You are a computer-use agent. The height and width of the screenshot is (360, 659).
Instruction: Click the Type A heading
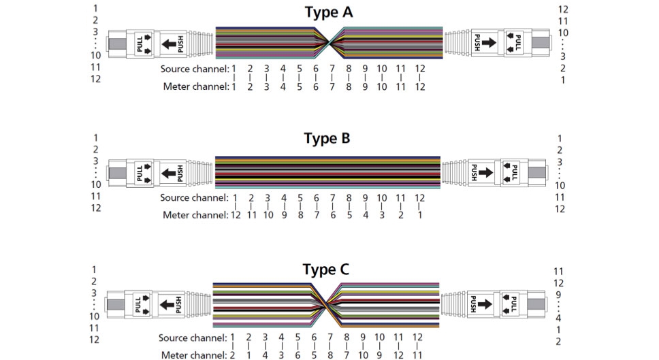point(328,12)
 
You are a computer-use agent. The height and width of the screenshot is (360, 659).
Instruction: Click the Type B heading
point(327,138)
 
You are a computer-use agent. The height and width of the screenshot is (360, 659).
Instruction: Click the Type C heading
point(325,269)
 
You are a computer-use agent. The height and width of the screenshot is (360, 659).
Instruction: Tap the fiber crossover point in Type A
point(329,43)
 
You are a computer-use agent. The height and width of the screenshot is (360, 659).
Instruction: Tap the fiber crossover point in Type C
point(326,306)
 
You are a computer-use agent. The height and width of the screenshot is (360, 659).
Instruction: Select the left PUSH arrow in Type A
point(169,44)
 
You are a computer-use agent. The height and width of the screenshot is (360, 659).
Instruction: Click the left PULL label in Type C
point(138,305)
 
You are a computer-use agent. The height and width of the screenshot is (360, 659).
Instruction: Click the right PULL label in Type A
point(518,43)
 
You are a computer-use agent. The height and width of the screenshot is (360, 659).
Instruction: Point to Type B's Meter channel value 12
point(236,215)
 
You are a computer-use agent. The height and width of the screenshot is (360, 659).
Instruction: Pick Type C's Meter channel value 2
point(232,355)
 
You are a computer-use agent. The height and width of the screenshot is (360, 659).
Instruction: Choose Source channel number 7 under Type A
point(332,69)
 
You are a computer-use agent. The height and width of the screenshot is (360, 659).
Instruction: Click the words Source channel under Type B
point(194,198)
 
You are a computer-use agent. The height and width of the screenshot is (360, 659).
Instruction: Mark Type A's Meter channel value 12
point(420,87)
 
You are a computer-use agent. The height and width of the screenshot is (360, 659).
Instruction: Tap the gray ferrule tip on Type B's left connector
point(117,173)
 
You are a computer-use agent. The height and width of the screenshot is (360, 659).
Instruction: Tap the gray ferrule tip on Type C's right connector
point(536,305)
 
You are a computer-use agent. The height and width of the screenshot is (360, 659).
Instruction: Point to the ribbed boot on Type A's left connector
point(200,43)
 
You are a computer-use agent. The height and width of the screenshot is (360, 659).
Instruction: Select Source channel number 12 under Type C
point(417,338)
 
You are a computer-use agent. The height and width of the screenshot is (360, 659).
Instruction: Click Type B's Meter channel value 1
point(419,215)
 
